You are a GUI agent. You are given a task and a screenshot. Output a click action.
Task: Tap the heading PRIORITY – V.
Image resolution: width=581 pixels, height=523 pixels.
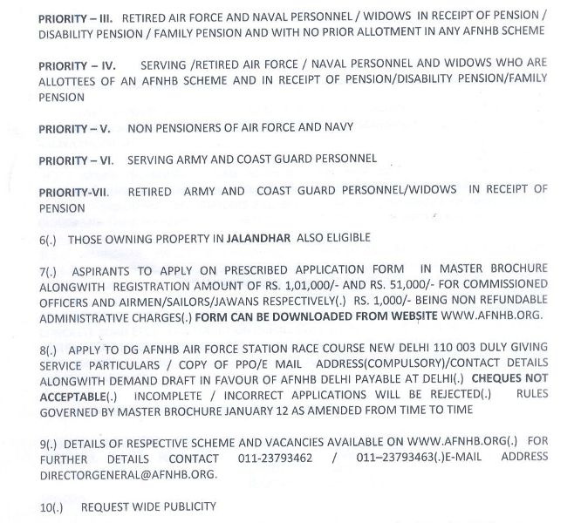(x=73, y=128)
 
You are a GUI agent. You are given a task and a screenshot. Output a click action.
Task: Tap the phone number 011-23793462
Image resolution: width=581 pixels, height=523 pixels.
(x=276, y=457)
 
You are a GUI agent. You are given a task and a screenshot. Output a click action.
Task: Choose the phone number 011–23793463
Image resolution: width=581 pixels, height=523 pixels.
(x=397, y=457)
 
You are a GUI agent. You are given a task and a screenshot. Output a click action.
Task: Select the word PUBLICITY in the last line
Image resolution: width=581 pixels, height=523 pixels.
(x=188, y=506)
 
